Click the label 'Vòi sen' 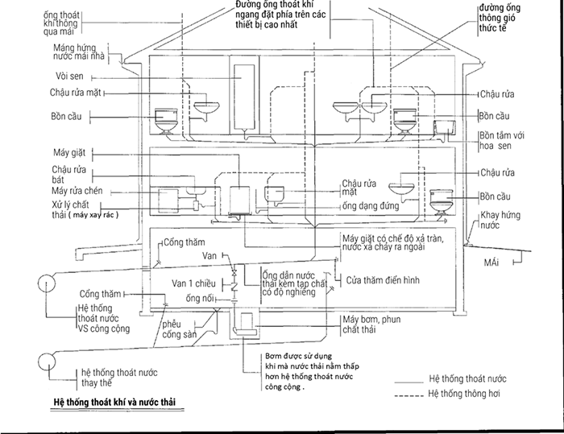(69, 76)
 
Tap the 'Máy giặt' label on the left (69, 152)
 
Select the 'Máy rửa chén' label (77, 191)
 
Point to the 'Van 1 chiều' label (193, 283)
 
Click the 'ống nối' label (200, 298)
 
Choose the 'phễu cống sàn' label (179, 329)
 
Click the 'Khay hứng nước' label (500, 220)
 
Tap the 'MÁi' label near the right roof (491, 262)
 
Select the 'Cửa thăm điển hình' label (383, 280)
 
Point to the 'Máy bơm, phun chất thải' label (371, 324)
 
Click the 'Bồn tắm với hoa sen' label (502, 141)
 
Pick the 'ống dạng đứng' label (371, 206)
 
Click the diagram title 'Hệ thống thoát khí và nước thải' (114, 402)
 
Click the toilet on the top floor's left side (166, 121)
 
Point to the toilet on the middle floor (442, 202)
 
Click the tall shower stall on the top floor (244, 96)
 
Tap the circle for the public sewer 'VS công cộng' (47, 283)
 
